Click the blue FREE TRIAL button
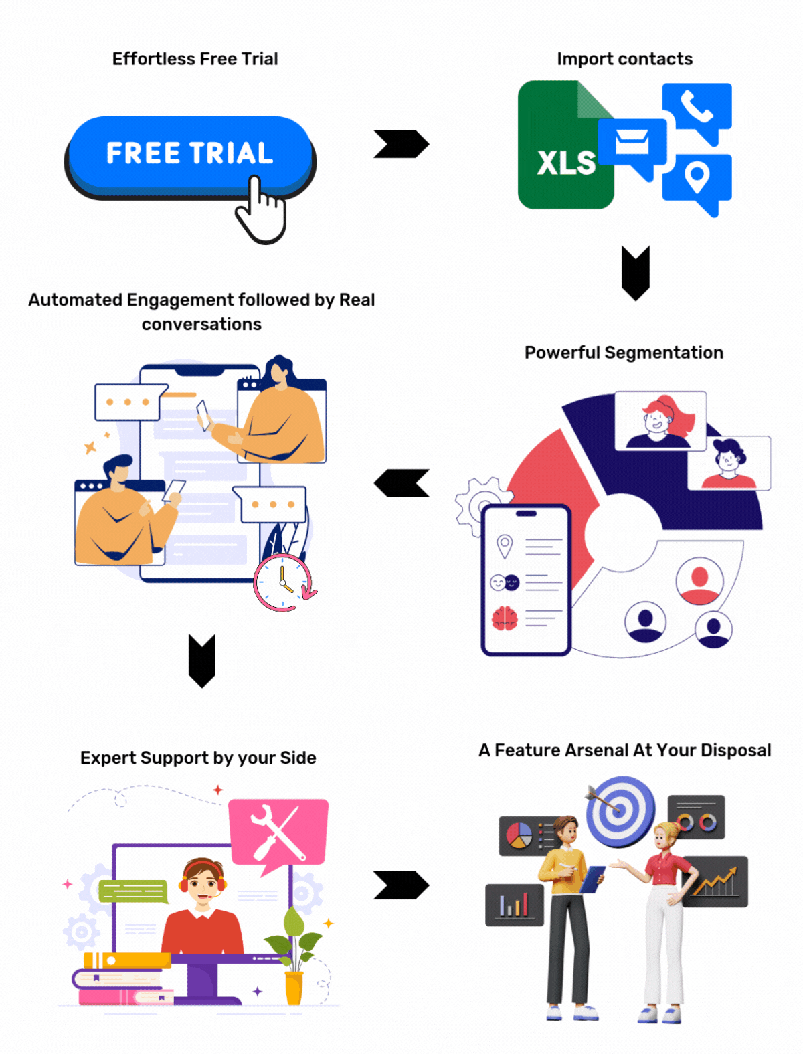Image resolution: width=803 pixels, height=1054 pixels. [190, 153]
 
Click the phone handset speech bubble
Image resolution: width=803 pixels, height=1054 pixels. [697, 110]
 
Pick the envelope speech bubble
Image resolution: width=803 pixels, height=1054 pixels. [632, 144]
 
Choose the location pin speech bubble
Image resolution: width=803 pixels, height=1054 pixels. [697, 181]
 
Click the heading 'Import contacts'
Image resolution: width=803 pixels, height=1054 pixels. [624, 59]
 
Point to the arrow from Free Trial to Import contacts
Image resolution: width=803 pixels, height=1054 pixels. [401, 144]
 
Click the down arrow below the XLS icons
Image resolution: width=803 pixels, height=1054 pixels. [636, 272]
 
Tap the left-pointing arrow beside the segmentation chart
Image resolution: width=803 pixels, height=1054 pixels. [401, 483]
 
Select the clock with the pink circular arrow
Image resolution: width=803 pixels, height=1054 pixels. [284, 582]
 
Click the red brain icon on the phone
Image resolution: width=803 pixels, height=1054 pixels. [505, 618]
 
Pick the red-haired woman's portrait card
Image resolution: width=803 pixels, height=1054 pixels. [660, 420]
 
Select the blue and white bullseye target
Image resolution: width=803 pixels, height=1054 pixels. [620, 811]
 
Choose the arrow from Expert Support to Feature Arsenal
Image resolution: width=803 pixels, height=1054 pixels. [401, 885]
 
